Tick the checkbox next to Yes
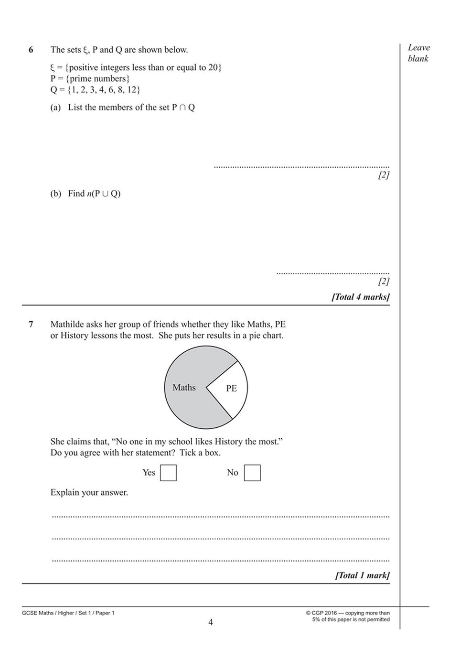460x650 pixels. pyautogui.click(x=168, y=473)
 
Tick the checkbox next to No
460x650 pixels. pyautogui.click(x=252, y=473)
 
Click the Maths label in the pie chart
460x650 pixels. pyautogui.click(x=184, y=388)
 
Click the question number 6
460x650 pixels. pyautogui.click(x=31, y=50)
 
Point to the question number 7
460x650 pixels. pyautogui.click(x=31, y=325)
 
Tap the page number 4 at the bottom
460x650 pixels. pyautogui.click(x=211, y=622)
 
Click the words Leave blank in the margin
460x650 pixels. pyautogui.click(x=418, y=53)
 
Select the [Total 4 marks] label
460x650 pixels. pyautogui.click(x=361, y=297)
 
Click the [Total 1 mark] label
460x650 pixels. pyautogui.click(x=363, y=575)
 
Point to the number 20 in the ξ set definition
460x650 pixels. pyautogui.click(x=213, y=67)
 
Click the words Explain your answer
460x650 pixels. pyautogui.click(x=89, y=492)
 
